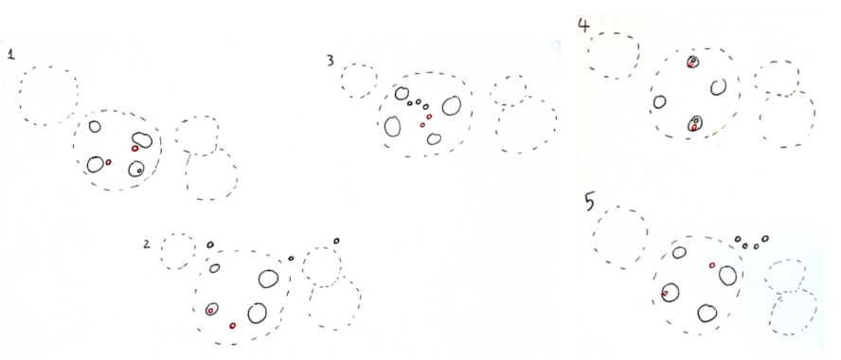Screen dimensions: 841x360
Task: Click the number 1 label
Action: point(10,54)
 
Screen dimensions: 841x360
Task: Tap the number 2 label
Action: point(147,244)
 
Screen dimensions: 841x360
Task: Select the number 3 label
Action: point(331,60)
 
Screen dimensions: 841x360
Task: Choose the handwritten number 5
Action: point(589,203)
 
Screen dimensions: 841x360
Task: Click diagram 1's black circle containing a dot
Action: point(136,169)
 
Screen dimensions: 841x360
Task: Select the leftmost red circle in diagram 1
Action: point(108,161)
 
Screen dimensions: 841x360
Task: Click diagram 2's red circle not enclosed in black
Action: point(232,325)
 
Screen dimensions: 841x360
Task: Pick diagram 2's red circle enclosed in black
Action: point(211,311)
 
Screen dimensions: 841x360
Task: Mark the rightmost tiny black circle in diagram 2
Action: point(336,241)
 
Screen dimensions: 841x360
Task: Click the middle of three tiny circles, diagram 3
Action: point(418,101)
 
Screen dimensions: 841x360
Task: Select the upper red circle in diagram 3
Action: point(429,117)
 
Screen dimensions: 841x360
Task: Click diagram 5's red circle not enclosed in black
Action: point(712,265)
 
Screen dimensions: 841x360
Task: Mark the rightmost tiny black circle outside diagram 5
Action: point(765,238)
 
